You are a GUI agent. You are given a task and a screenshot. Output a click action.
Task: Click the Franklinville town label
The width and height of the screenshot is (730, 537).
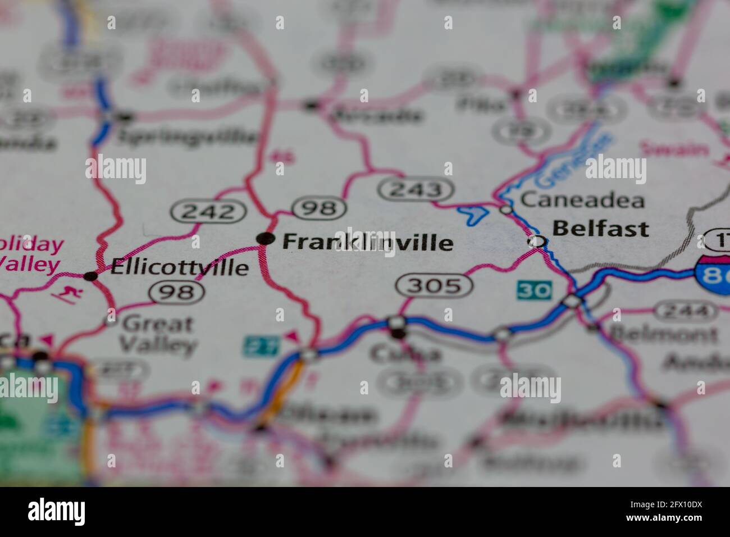point(367,242)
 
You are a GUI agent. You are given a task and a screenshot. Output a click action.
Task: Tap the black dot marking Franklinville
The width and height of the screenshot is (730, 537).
point(265,239)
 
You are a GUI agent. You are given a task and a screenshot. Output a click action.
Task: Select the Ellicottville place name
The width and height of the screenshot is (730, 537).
point(180,267)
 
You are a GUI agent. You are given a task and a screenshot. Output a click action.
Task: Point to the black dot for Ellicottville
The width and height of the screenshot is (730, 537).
point(90,276)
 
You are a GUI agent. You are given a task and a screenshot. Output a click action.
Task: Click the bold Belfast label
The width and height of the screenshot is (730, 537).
point(600,229)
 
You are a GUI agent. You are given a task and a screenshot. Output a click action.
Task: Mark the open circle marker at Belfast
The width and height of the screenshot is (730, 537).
point(537,242)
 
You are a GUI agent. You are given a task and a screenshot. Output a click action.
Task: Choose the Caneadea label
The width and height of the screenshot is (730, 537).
point(582,200)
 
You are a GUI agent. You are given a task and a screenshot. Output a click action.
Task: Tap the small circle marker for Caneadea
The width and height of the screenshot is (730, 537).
point(507,210)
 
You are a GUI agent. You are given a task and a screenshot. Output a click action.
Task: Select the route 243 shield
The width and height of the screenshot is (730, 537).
point(416,190)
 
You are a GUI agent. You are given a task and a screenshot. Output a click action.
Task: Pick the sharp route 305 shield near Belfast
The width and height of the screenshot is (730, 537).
point(434,286)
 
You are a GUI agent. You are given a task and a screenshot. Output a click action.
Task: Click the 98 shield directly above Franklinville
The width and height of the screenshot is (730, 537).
point(318,209)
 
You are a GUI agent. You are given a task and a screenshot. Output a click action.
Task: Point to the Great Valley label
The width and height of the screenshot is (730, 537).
point(159,334)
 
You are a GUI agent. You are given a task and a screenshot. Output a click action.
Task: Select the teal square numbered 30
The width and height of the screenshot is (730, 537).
point(534,290)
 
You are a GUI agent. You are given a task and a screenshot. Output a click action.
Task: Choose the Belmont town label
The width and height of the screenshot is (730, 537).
point(663,334)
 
